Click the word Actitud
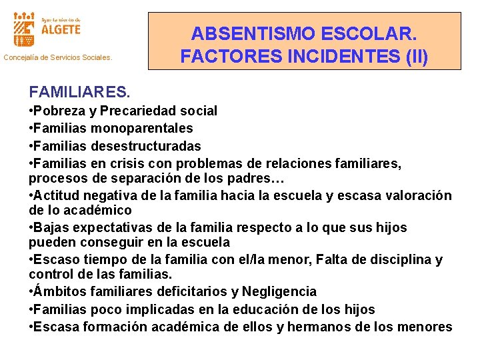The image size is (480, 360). click(57, 196)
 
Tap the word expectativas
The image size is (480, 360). click(111, 228)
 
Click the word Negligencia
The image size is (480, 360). click(279, 292)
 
